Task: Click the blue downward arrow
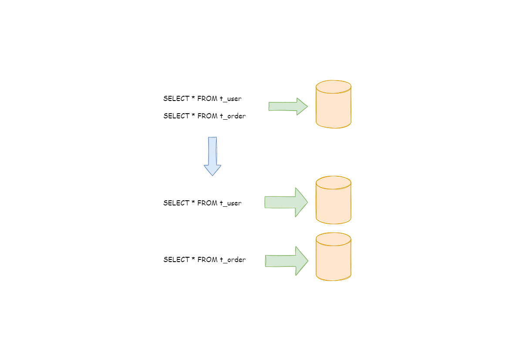212,155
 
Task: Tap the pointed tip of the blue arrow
212,175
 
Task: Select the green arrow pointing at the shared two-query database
287,106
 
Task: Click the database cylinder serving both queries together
334,104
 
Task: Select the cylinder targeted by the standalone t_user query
334,200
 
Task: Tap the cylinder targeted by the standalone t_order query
334,257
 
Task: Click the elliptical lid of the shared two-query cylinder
334,87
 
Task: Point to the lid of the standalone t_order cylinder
334,239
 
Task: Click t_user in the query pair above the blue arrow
230,99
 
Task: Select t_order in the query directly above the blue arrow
233,116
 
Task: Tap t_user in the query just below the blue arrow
230,203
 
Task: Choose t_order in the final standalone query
233,260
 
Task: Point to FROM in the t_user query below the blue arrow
207,203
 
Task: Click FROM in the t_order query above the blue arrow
207,116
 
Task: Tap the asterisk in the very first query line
193,98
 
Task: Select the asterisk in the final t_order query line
193,259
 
